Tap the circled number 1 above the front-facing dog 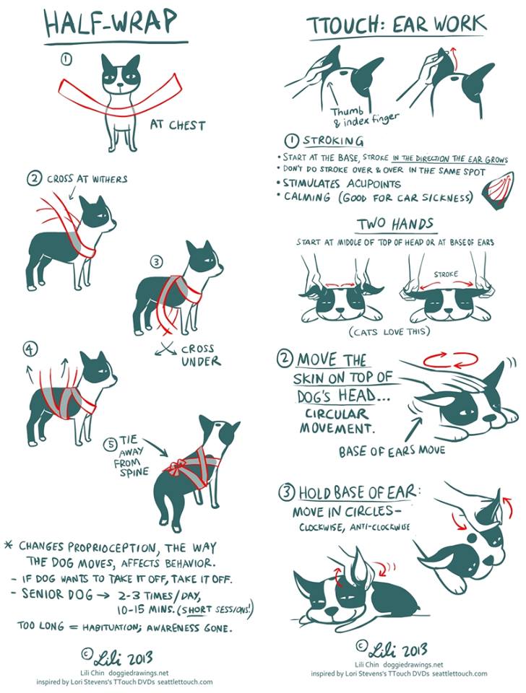click(66, 60)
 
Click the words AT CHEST click(178, 125)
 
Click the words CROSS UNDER click(201, 355)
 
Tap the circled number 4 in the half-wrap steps click(30, 349)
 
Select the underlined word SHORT click(196, 609)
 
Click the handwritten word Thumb click(348, 111)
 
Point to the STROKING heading click(333, 141)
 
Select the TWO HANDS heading click(395, 225)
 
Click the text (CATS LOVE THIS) click(389, 331)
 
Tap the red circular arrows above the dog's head click(450, 359)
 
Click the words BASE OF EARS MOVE click(392, 450)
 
